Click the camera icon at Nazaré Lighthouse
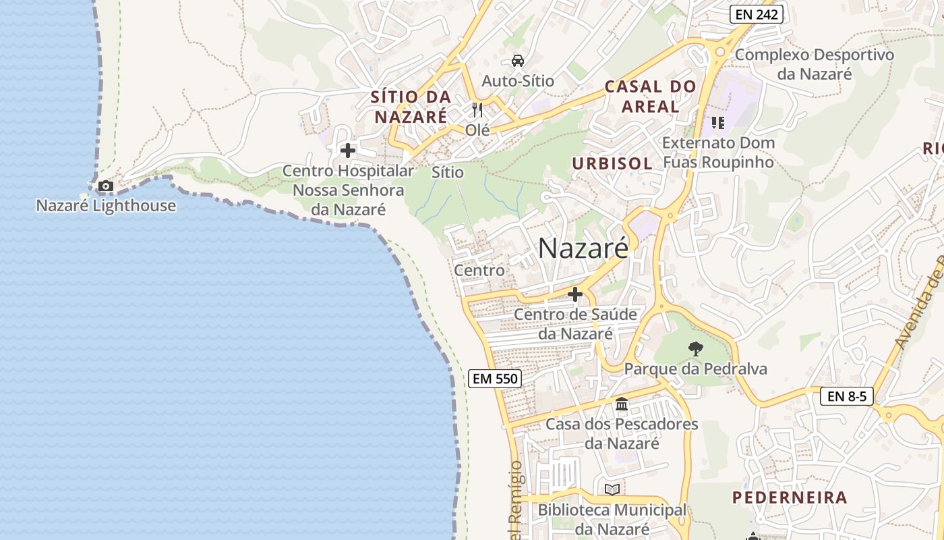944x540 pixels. pos(106,186)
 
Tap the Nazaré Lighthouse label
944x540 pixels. pos(106,206)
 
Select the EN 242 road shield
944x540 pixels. pos(756,14)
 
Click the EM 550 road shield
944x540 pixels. pos(495,379)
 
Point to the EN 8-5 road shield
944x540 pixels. pos(847,396)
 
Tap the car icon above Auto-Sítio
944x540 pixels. pos(518,61)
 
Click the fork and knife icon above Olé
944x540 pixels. pos(477,110)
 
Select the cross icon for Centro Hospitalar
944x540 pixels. pos(348,151)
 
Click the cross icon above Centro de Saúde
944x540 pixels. pos(575,294)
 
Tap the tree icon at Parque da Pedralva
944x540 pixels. pos(695,349)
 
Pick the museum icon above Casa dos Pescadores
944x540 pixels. pos(622,404)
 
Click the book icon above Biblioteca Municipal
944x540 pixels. pos(612,489)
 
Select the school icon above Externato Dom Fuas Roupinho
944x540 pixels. pos(717,123)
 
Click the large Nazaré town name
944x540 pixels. pos(583,248)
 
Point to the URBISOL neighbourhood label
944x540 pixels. pos(612,163)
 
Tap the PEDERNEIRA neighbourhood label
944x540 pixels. pos(790,497)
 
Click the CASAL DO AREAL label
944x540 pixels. pos(650,97)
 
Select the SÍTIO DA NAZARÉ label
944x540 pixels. pos(411,107)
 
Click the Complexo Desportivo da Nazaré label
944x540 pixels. pos(815,64)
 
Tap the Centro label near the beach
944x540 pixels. pos(479,271)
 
